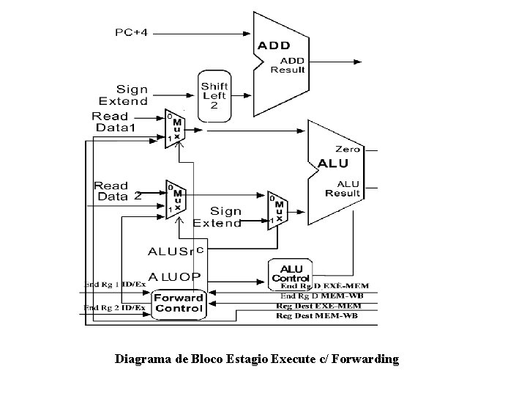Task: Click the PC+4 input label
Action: pos(132,32)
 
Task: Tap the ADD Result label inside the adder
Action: pos(288,65)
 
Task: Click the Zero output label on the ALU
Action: pos(347,149)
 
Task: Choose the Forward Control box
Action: pos(179,303)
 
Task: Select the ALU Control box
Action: pos(291,273)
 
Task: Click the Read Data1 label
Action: pos(115,122)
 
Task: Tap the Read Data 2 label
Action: pos(117,191)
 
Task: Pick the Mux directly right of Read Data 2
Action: pos(176,198)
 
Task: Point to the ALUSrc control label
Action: pos(176,251)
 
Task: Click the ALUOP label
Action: pos(175,276)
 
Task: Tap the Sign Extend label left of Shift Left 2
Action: pos(123,95)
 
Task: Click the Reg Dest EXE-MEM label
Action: pos(318,305)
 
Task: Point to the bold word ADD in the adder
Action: pos(273,45)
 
